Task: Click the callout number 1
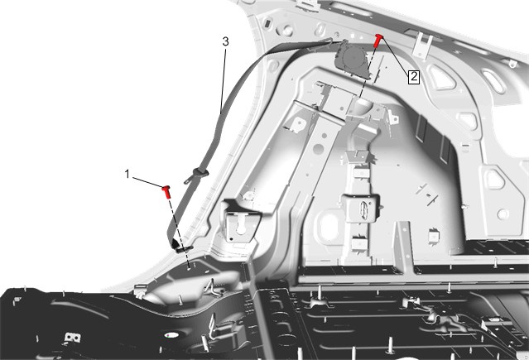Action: pyautogui.click(x=127, y=174)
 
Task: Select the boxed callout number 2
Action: pyautogui.click(x=414, y=77)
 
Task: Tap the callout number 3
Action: pyautogui.click(x=225, y=41)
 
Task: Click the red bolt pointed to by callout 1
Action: pyautogui.click(x=166, y=192)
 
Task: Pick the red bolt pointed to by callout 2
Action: pyautogui.click(x=378, y=41)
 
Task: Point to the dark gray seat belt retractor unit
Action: pyautogui.click(x=352, y=60)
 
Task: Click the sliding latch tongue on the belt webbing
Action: pyautogui.click(x=196, y=175)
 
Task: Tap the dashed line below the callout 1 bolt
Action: pyautogui.click(x=179, y=233)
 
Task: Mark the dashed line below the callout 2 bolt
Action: pyautogui.click(x=368, y=72)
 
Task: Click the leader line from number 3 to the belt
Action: pyautogui.click(x=223, y=80)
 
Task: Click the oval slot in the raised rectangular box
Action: pyautogui.click(x=364, y=209)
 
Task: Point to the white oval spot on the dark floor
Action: pyautogui.click(x=172, y=335)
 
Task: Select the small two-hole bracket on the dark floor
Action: pyautogui.click(x=71, y=338)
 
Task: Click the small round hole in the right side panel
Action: pyautogui.click(x=503, y=214)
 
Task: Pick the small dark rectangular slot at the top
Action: pyautogui.click(x=267, y=24)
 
